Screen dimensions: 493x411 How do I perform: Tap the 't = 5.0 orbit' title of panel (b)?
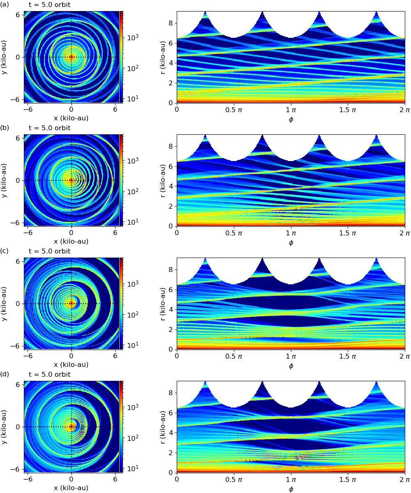pos(49,128)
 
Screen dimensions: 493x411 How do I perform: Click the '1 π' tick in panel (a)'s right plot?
pos(291,110)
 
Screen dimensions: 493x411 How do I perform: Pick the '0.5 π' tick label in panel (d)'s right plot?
pos(234,479)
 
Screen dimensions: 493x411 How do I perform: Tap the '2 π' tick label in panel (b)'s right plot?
pos(405,233)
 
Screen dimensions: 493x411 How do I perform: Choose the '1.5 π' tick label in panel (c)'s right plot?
pos(348,356)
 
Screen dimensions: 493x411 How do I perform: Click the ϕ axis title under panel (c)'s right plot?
pos(291,366)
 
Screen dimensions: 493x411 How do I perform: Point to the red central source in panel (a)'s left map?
pos(71,57)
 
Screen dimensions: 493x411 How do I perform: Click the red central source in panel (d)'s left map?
pos(71,426)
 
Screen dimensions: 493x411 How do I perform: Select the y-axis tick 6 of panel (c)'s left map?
pos(18,261)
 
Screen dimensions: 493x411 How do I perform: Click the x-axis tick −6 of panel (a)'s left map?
pos(28,110)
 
